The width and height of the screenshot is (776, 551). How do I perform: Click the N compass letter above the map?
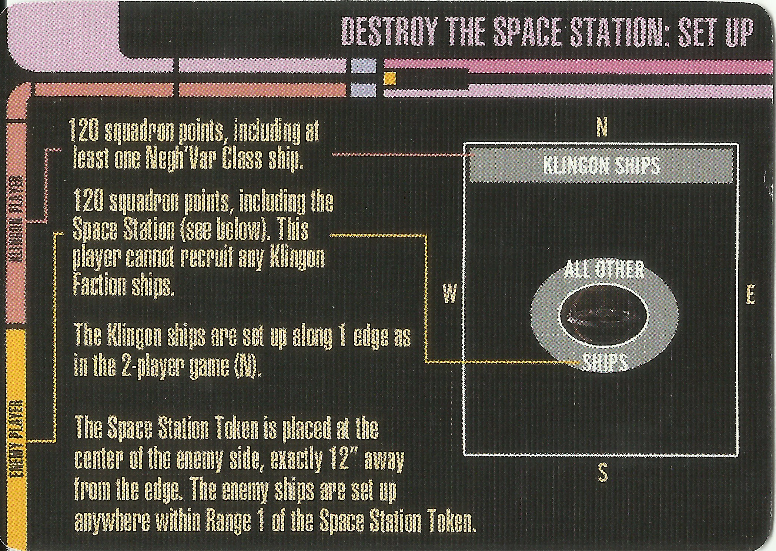click(x=602, y=128)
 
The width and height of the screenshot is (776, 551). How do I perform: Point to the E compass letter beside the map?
click(x=750, y=296)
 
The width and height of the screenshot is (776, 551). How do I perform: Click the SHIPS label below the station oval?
click(x=605, y=362)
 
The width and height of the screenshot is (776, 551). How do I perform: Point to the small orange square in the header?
click(x=390, y=79)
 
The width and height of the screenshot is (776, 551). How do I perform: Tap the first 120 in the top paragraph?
click(x=84, y=131)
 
